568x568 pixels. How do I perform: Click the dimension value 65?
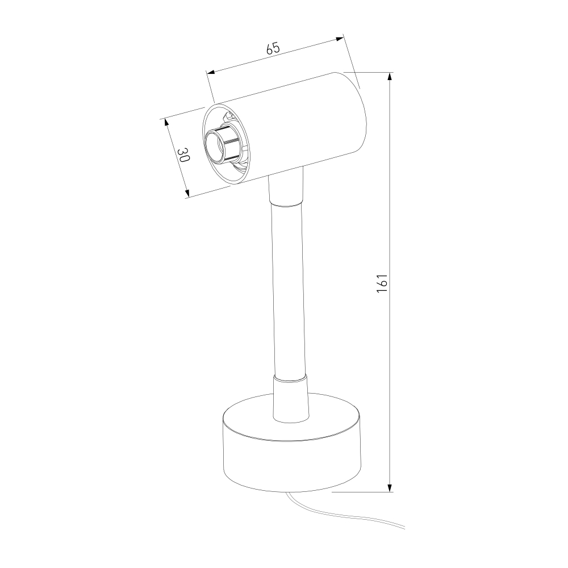tap(274, 48)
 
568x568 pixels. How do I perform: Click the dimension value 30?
tap(183, 155)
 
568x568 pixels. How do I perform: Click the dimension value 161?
tap(382, 283)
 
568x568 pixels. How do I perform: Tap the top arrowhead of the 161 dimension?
tap(390, 77)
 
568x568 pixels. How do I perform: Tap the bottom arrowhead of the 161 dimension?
tap(390, 487)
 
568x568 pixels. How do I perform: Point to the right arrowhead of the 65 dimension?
tap(340, 39)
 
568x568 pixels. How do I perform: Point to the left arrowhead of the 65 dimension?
tap(211, 72)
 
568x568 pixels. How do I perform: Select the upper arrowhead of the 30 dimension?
tap(167, 123)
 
